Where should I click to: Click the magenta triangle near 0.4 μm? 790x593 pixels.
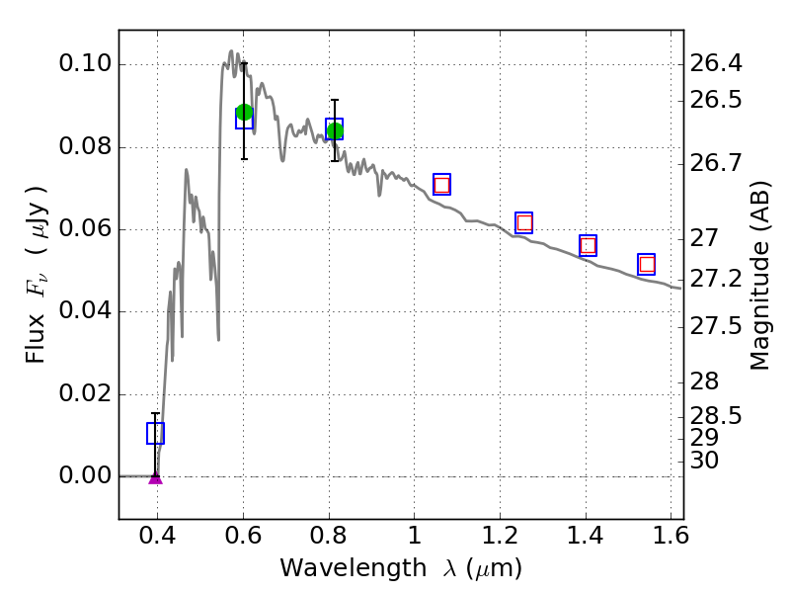tap(155, 477)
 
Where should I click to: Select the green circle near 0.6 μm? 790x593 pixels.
tap(244, 112)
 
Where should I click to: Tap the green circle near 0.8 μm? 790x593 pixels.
tap(335, 130)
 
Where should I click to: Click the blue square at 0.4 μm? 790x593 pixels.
tap(155, 433)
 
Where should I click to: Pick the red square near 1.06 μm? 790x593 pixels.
tap(441, 185)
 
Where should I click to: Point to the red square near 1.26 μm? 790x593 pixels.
tap(524, 223)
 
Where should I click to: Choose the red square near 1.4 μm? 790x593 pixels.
tap(589, 246)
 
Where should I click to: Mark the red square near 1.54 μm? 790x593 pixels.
tap(647, 264)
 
